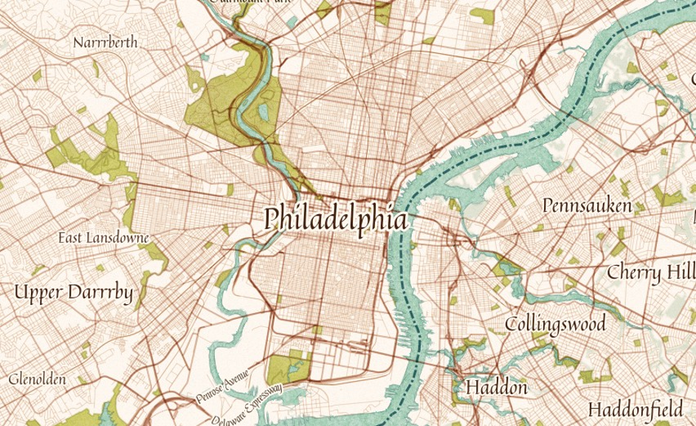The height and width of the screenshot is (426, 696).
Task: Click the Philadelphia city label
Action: click(x=336, y=219)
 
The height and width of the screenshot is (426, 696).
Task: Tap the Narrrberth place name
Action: click(x=106, y=43)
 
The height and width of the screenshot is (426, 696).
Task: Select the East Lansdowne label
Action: click(x=104, y=238)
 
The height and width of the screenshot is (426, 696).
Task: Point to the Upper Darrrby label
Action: click(x=74, y=293)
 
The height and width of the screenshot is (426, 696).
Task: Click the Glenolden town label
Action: click(x=38, y=379)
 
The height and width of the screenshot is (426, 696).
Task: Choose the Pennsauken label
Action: click(x=587, y=205)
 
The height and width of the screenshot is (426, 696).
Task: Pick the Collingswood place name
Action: click(x=555, y=323)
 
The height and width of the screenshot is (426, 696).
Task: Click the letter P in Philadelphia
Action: click(x=273, y=218)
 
